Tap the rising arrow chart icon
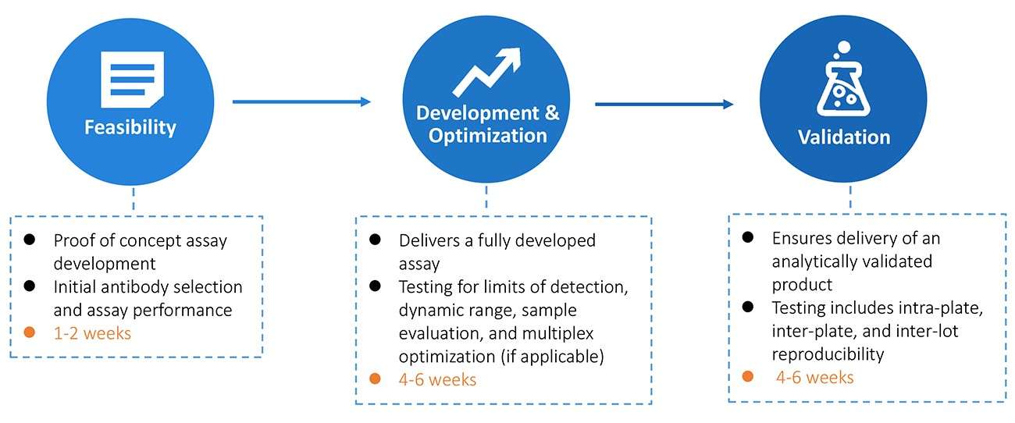tap(486, 71)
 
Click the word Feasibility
tap(130, 127)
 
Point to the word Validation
tap(843, 137)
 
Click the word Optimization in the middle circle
tap(487, 135)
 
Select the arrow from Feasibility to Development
tap(301, 101)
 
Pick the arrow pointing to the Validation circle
tap(664, 104)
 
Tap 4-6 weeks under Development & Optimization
tap(437, 379)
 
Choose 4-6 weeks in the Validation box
tap(815, 377)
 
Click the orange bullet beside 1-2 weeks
tap(29, 332)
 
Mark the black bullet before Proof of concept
tap(29, 240)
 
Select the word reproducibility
tap(828, 354)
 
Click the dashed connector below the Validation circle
tap(849, 198)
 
